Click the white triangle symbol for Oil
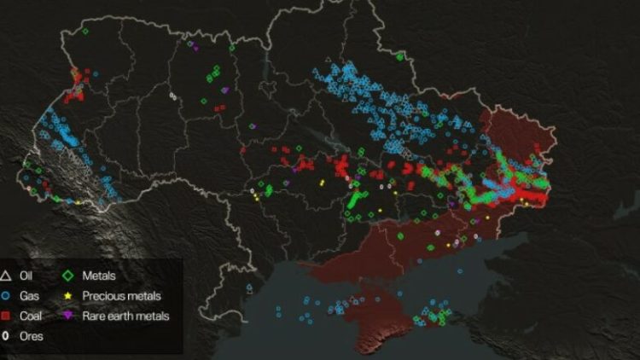(x=6, y=276)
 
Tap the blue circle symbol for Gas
(x=6, y=296)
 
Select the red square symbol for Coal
(x=6, y=316)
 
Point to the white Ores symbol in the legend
(x=6, y=336)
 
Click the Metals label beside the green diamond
(x=99, y=276)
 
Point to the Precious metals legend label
(x=122, y=296)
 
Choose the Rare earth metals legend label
(x=125, y=316)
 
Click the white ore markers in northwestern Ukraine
(x=173, y=96)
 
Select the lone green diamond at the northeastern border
(x=399, y=56)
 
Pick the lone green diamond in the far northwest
(x=85, y=32)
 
